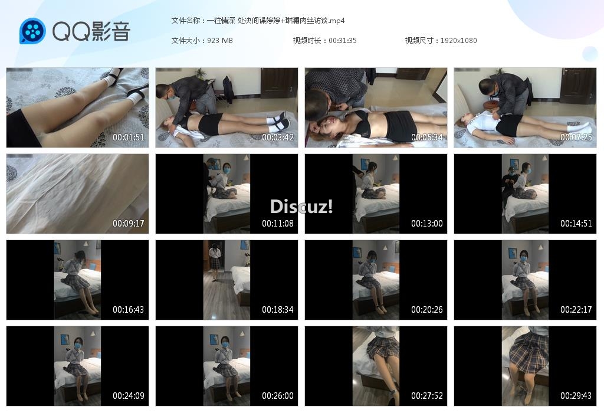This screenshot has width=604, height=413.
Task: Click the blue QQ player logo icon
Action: click(x=32, y=31)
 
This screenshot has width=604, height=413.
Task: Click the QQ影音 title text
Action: click(x=91, y=31)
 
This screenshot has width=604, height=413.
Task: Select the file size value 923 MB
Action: click(x=220, y=41)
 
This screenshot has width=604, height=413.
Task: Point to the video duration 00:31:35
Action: click(x=343, y=41)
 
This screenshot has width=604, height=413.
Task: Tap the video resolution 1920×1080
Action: click(x=458, y=41)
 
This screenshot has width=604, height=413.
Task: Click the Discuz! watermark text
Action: click(x=301, y=206)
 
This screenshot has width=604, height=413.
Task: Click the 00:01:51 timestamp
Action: click(x=128, y=137)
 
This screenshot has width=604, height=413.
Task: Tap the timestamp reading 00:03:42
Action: click(x=278, y=137)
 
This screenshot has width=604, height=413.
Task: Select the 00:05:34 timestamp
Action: click(x=427, y=137)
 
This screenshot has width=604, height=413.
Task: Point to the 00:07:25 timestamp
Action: click(x=576, y=137)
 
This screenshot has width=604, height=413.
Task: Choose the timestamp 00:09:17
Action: click(x=128, y=224)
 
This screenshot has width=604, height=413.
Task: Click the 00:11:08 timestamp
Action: click(x=278, y=224)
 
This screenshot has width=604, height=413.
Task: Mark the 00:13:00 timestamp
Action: click(x=427, y=224)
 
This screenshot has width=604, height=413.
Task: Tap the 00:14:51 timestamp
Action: click(x=576, y=224)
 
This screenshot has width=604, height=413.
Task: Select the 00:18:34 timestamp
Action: click(x=278, y=310)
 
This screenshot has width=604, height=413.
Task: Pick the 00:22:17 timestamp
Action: click(x=576, y=310)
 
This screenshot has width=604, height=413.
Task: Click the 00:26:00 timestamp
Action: click(x=278, y=396)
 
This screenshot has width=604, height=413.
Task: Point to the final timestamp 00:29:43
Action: click(x=576, y=396)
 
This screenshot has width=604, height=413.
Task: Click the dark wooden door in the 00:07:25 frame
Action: click(x=578, y=85)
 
